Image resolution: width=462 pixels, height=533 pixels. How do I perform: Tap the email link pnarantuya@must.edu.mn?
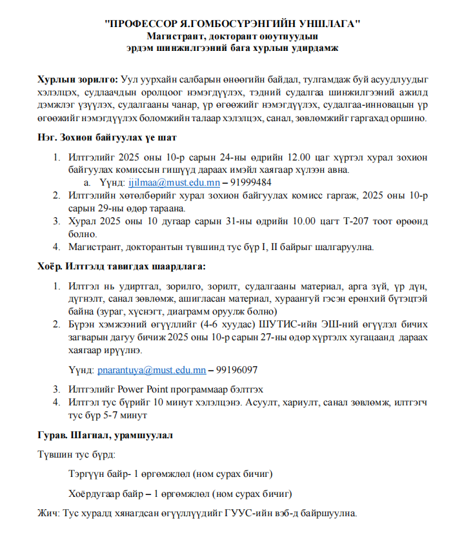coord(152,371)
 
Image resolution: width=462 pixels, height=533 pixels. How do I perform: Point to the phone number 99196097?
coord(237,371)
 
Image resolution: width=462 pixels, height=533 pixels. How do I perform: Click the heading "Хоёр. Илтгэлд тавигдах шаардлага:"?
coord(121,266)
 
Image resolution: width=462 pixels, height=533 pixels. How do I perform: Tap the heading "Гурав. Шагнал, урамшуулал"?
coord(105,435)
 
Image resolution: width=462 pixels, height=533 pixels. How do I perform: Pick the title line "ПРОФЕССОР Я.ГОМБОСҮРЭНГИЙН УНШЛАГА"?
coord(232,24)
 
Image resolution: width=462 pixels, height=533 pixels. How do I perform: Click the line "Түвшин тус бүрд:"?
coord(77,455)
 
